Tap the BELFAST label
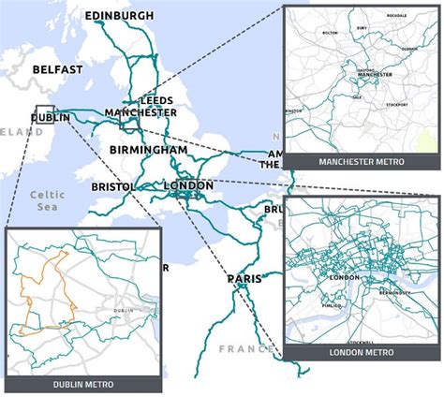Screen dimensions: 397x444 click(57, 69)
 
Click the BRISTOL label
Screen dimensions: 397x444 click(113, 187)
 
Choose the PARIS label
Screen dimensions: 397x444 click(243, 279)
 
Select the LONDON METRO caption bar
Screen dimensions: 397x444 click(361, 352)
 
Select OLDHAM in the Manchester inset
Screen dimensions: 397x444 click(409, 47)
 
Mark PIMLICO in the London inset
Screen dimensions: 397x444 click(328, 304)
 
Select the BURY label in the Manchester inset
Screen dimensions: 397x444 click(362, 29)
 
